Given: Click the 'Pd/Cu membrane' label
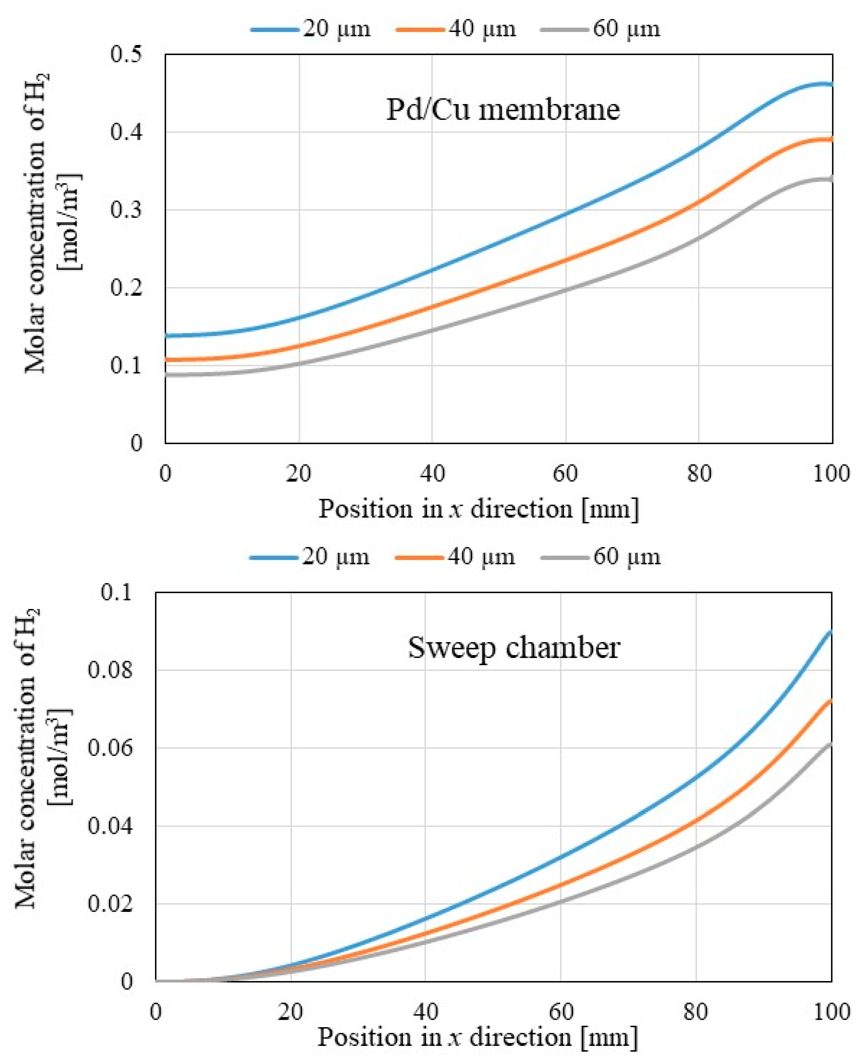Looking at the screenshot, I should click(x=502, y=110).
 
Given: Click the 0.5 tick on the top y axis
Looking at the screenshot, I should click(x=126, y=54).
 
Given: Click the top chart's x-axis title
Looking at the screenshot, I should click(x=478, y=509).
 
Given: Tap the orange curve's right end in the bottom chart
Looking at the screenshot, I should click(x=831, y=701).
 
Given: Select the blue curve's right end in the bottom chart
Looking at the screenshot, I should click(x=831, y=632).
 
